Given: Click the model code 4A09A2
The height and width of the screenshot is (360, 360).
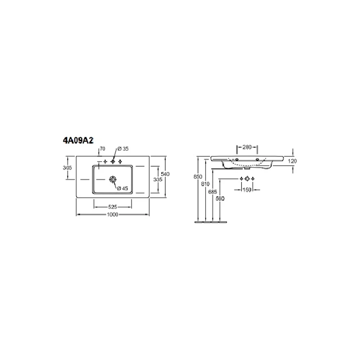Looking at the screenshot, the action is pyautogui.click(x=78, y=140).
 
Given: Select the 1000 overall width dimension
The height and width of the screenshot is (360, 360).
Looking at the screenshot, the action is pyautogui.click(x=112, y=215).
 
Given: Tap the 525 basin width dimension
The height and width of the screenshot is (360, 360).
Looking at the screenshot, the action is pyautogui.click(x=112, y=207).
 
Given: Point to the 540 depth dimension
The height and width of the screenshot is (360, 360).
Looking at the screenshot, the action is pyautogui.click(x=165, y=174).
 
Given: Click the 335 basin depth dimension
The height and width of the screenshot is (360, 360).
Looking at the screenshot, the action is pyautogui.click(x=158, y=179).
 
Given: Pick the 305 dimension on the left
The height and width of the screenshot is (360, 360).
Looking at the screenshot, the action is pyautogui.click(x=67, y=168).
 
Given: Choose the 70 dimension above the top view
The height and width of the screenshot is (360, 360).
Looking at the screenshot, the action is pyautogui.click(x=102, y=149).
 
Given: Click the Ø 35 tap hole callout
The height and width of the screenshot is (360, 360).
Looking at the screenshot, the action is pyautogui.click(x=123, y=149).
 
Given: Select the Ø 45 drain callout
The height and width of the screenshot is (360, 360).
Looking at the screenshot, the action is pyautogui.click(x=122, y=189).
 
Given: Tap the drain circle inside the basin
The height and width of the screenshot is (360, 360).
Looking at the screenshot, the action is pyautogui.click(x=113, y=179).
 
